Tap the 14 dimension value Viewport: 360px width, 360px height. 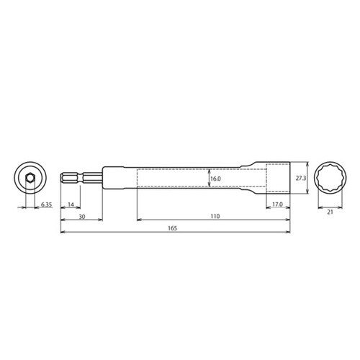coord(71,205)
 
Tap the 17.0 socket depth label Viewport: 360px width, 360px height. coord(278,205)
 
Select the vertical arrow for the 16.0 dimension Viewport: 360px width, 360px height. coord(208,177)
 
